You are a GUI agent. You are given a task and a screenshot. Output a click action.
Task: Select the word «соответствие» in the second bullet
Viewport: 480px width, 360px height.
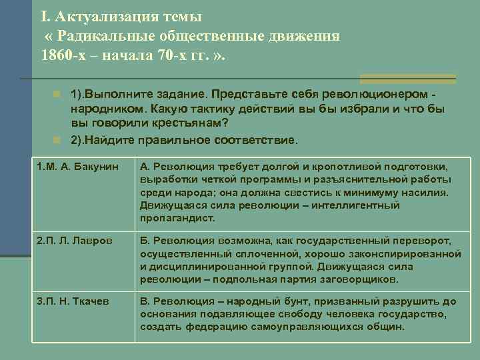point(261,141)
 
